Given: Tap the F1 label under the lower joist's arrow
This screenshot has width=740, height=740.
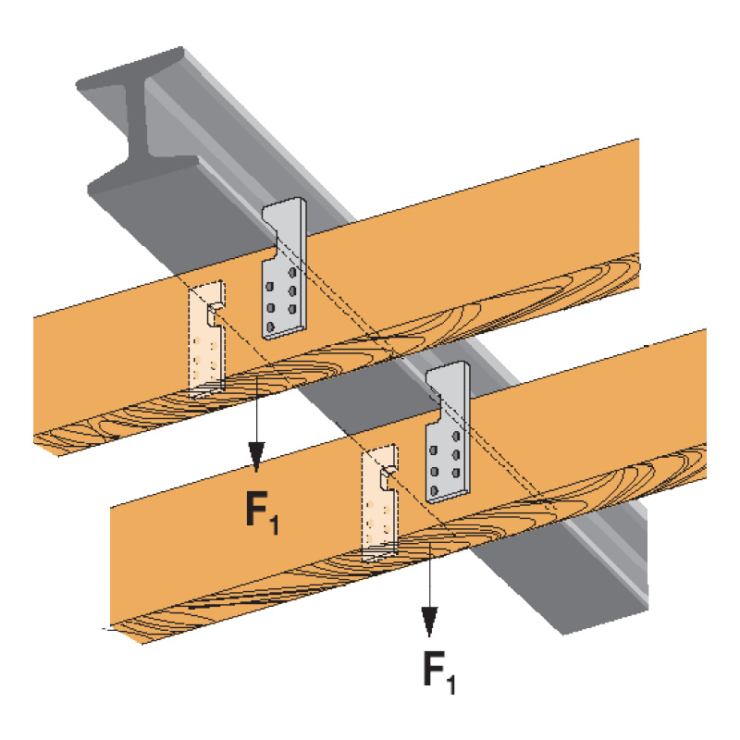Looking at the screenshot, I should (439, 672).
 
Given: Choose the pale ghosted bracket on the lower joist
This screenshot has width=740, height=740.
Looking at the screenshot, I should (380, 504).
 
